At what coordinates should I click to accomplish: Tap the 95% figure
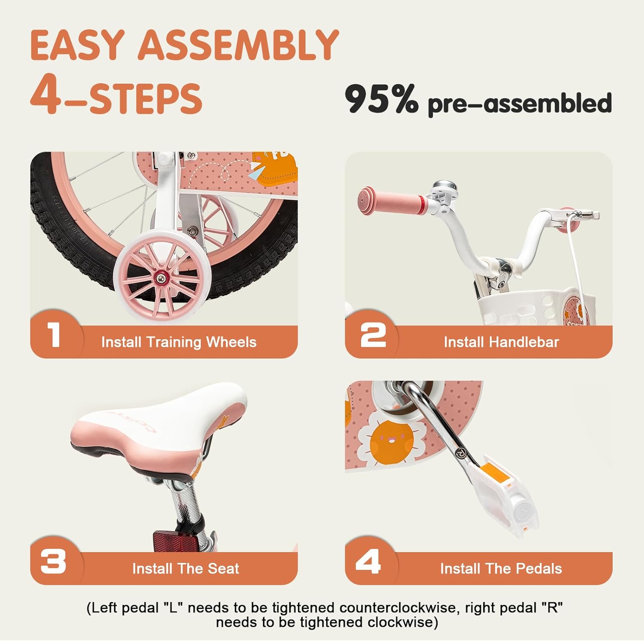pos(382,99)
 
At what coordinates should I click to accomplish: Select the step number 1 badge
pos(54,335)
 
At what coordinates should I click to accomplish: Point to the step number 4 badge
pos(368,562)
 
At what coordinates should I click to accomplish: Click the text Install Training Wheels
pos(179,342)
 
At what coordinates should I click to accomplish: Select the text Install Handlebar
pos(501,342)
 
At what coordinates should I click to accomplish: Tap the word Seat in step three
pos(223,568)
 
